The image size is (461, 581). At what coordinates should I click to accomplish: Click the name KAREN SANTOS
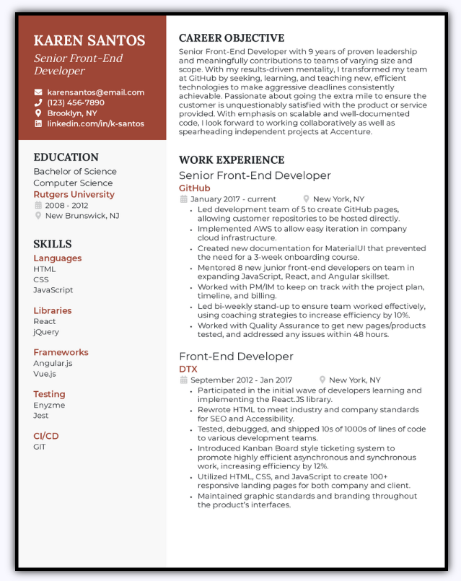coord(89,40)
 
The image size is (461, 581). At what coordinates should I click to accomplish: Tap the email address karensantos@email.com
coord(95,92)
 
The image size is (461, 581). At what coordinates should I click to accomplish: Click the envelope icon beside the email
coord(38,92)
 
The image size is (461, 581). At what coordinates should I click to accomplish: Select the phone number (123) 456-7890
coord(76,102)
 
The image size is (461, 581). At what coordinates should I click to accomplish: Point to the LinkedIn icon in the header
coord(38,124)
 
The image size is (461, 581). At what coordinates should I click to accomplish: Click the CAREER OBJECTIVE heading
coord(232,38)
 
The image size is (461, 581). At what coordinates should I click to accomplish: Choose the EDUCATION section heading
coord(66,157)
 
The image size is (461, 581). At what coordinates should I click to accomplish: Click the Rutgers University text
coord(74,194)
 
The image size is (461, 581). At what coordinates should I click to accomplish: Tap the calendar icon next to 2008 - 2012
coord(38,205)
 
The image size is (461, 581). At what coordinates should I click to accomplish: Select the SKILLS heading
coord(53,244)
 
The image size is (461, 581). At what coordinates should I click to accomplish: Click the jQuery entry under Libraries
coord(46,332)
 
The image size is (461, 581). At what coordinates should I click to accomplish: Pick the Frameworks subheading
coord(61,352)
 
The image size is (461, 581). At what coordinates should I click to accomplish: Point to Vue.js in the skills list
coord(44,374)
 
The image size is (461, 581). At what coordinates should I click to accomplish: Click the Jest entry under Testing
coord(41,416)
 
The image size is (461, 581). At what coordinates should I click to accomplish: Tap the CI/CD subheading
coord(46,436)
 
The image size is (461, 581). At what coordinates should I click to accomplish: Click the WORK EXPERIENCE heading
coord(232,160)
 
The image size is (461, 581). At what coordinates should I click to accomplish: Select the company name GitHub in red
coord(194,188)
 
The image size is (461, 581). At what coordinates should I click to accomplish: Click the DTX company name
coord(188,369)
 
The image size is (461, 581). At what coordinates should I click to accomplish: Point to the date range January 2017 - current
coord(233,199)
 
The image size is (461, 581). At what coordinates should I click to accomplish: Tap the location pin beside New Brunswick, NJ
coord(38,216)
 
